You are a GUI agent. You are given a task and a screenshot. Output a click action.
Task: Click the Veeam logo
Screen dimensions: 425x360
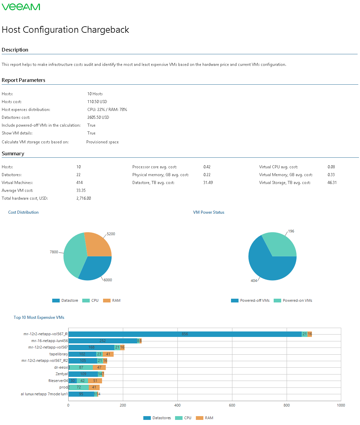[21, 7]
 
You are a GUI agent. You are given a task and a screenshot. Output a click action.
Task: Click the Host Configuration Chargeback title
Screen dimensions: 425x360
[65, 30]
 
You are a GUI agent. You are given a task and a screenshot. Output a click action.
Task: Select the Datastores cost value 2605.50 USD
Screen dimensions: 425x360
[98, 117]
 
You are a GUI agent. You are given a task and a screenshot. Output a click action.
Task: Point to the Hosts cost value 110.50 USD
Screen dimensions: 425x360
[97, 102]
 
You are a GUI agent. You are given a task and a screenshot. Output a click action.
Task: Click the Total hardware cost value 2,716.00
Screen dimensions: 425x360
[84, 198]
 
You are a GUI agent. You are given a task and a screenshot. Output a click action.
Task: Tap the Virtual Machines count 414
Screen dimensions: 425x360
[80, 183]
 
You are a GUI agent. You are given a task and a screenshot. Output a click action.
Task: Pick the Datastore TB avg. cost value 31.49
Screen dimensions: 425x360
[208, 183]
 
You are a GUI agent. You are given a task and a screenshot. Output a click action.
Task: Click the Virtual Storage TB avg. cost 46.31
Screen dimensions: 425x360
[332, 183]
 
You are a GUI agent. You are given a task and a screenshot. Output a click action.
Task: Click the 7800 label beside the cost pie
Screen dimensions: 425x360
[54, 252]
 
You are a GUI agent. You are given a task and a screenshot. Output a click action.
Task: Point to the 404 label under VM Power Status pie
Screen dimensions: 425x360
[254, 281]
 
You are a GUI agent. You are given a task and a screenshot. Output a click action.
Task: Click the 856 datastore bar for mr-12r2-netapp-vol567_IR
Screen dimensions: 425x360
[185, 334]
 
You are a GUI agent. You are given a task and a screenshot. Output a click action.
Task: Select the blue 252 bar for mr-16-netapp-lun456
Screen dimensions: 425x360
[102, 341]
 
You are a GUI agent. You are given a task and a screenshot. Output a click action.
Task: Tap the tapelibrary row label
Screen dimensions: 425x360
[58, 354]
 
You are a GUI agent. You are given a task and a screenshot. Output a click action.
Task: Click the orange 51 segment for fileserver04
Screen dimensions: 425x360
[95, 381]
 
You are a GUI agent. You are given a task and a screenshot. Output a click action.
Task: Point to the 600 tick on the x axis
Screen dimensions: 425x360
[232, 405]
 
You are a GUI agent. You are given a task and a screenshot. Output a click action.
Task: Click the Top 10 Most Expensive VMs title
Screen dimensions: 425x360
[39, 317]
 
